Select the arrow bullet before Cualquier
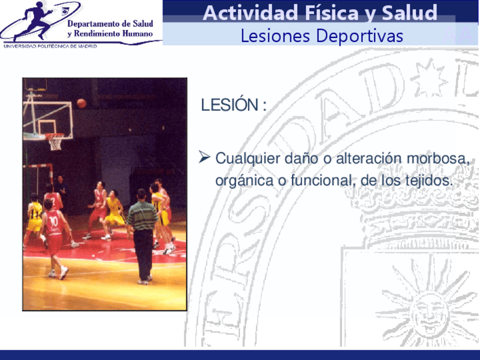coord(204,157)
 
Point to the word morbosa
coord(438,158)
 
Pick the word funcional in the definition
coord(323,181)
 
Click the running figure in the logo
coord(33,21)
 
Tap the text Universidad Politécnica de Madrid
coord(50,46)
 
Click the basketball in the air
coord(81,103)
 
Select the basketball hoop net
coord(55,142)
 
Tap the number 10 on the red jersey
coord(54,221)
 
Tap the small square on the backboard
coord(47,127)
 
